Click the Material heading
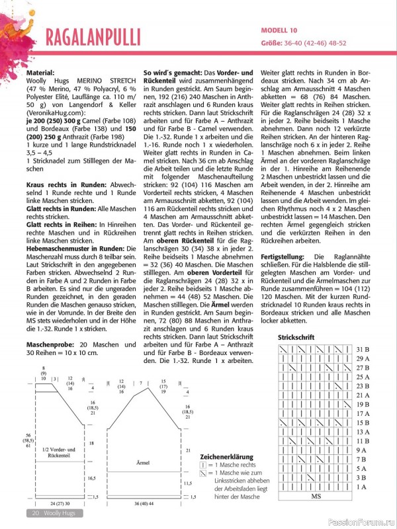tap(41, 73)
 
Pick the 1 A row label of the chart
tap(361, 487)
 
